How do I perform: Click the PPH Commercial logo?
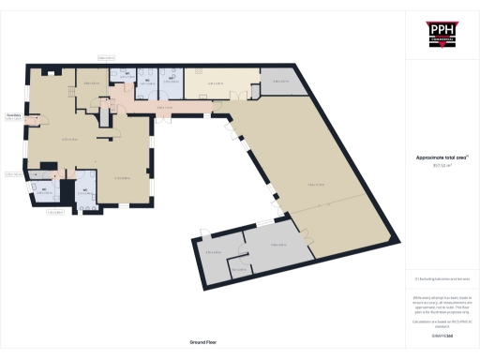pos(441,35)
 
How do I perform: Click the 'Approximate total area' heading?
pos(441,158)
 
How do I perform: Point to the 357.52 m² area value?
pos(440,166)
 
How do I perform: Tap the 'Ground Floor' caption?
pos(202,343)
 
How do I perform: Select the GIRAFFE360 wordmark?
pos(441,334)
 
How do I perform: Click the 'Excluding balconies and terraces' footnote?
pos(442,279)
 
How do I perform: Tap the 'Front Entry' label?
pos(13,115)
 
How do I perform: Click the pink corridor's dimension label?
pos(166,108)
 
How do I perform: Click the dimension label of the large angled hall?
pos(315,185)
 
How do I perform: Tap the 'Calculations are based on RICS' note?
pos(441,323)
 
